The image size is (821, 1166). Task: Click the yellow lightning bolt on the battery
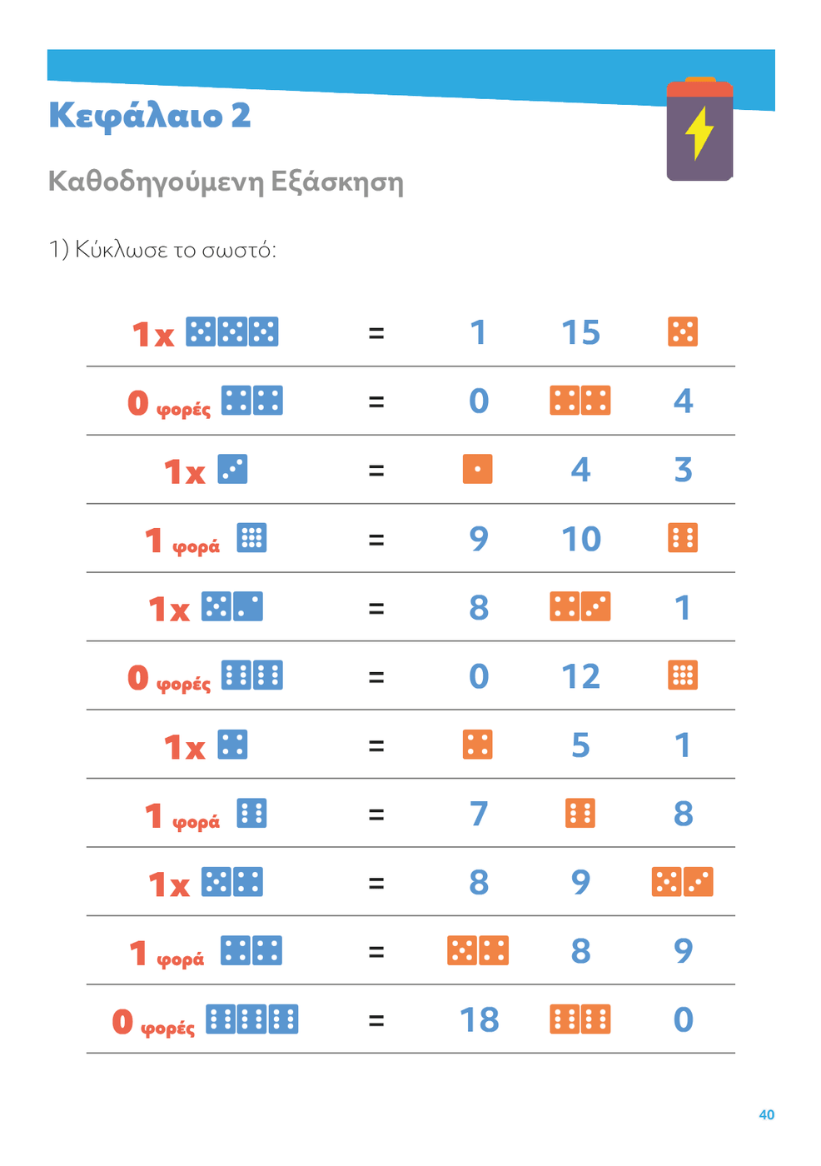click(x=699, y=132)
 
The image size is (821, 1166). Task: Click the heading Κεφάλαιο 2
click(x=149, y=115)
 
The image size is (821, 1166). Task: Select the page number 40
click(x=766, y=1114)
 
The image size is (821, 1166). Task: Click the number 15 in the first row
click(x=580, y=332)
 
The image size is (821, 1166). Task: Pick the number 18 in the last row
click(x=480, y=1019)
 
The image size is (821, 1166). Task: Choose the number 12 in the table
click(x=580, y=676)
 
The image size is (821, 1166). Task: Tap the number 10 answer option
click(x=580, y=539)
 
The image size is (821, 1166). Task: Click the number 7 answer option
click(x=478, y=814)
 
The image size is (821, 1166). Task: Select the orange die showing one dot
click(x=477, y=469)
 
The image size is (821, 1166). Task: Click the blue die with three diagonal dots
click(x=232, y=469)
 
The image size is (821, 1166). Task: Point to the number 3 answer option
click(x=683, y=470)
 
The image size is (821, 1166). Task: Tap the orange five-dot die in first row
click(x=683, y=331)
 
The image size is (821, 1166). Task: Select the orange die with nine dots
click(x=683, y=675)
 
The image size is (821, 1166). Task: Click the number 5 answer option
click(x=580, y=745)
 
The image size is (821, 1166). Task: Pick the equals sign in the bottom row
click(x=376, y=1019)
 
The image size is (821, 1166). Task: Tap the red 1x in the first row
click(x=153, y=335)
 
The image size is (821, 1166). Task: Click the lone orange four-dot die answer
click(x=477, y=745)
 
